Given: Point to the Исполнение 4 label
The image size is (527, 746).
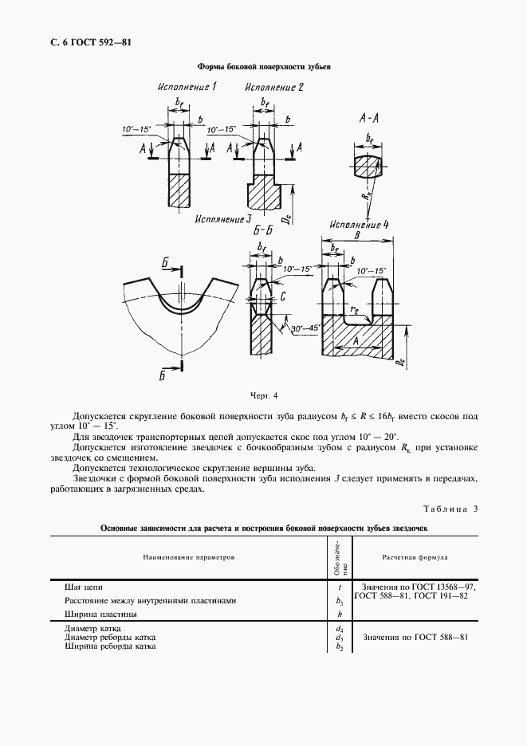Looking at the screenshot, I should (x=357, y=225).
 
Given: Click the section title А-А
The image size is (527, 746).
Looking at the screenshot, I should (x=370, y=118).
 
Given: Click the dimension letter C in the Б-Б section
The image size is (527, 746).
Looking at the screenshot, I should (x=284, y=296).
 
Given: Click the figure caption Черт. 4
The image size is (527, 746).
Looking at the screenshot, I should (x=263, y=395).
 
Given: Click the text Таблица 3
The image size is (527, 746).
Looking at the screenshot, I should (x=450, y=508).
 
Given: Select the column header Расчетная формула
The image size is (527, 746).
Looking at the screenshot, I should (x=415, y=558).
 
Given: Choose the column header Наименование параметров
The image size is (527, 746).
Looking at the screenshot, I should (x=190, y=558).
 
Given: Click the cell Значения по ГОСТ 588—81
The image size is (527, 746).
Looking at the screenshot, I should (x=415, y=638).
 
